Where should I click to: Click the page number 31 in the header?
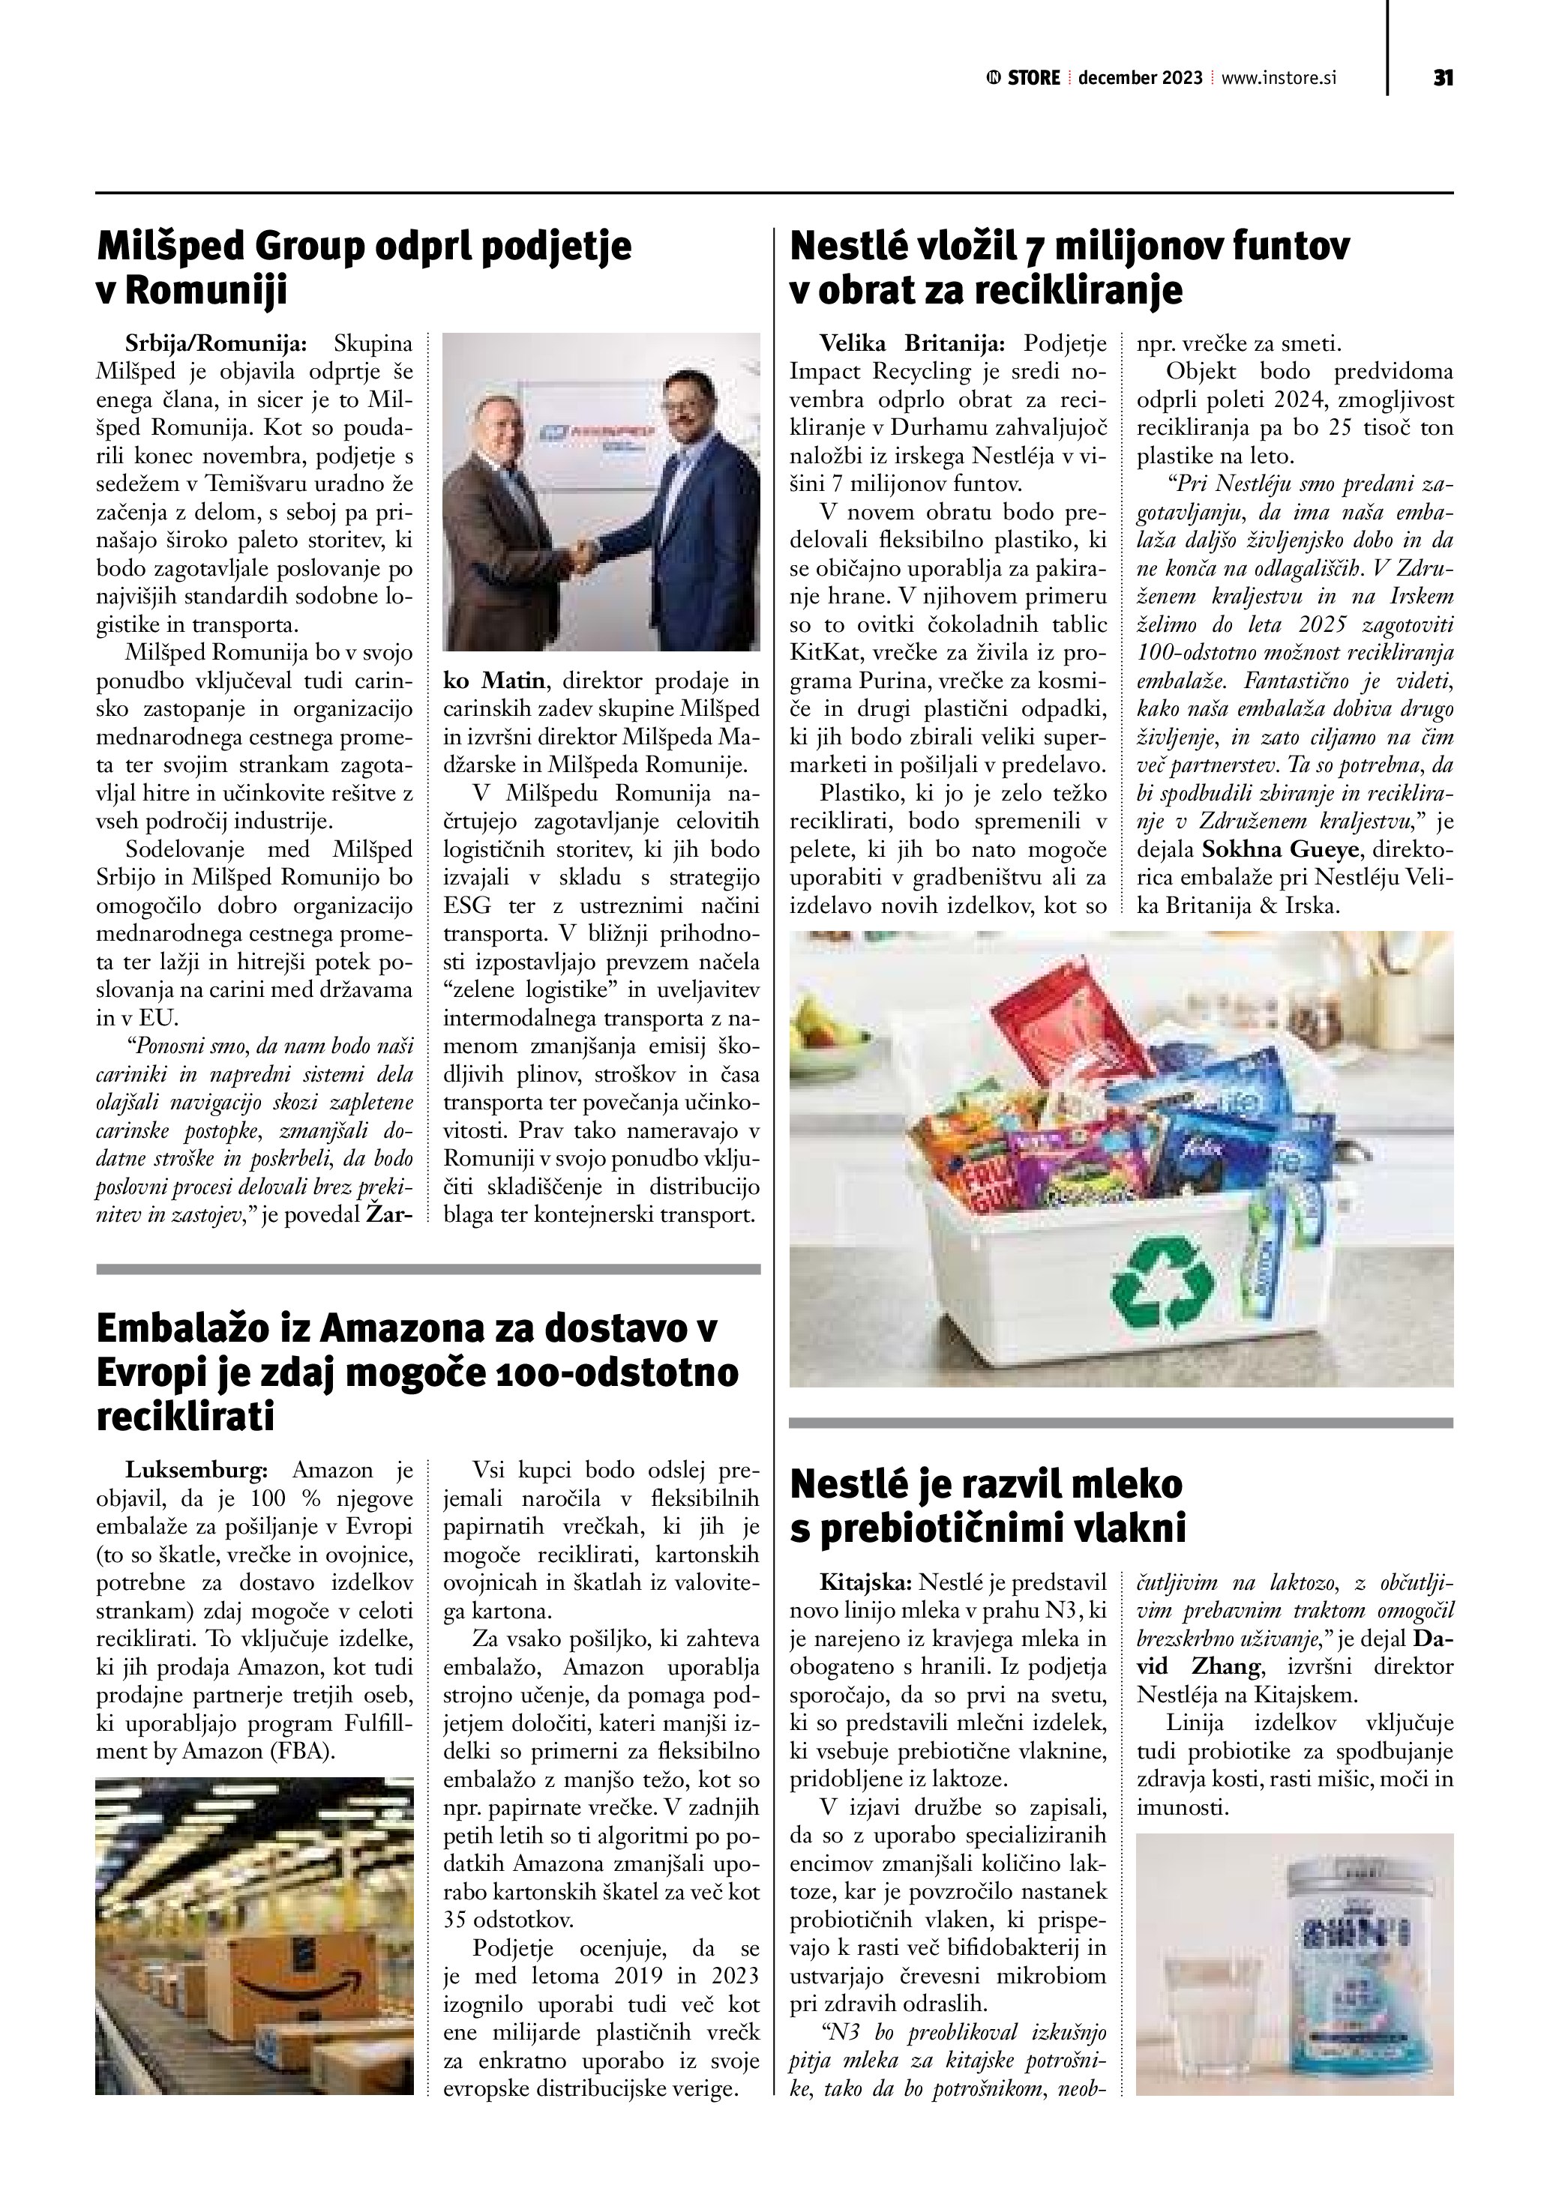pyautogui.click(x=1442, y=78)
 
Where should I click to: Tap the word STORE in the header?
pyautogui.click(x=1033, y=78)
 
